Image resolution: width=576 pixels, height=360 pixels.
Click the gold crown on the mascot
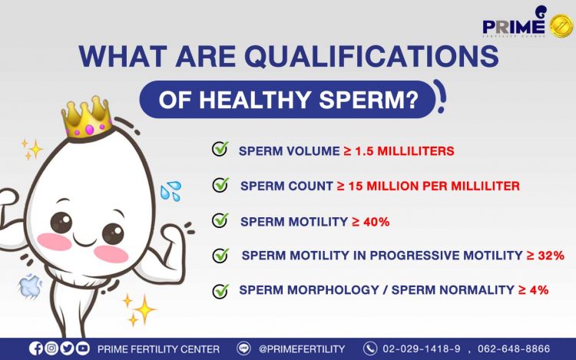pos(88,117)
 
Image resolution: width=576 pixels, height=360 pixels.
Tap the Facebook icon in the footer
pos(36,348)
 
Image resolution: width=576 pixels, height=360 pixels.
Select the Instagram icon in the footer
pos(51,348)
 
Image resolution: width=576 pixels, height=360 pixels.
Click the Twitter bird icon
pos(67,348)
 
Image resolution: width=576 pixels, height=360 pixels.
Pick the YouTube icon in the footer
pos(83,348)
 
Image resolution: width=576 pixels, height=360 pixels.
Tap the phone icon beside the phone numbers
pos(370,348)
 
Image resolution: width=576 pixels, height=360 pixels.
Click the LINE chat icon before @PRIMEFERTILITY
pos(243,348)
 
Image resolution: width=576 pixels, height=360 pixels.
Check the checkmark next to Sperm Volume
pos(220,149)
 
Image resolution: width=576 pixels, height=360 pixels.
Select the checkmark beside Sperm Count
pos(220,185)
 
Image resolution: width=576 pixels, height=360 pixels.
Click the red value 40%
pos(376,222)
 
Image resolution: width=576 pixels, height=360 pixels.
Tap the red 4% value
pos(539,290)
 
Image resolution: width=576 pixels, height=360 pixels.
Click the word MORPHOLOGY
pos(333,290)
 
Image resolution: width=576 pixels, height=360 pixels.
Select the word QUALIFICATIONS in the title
pos(372,57)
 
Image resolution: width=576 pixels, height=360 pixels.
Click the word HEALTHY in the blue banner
pos(255,100)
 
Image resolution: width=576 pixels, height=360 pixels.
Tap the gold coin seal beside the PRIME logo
pos(561,25)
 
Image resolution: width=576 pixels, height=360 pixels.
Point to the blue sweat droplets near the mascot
pos(170,191)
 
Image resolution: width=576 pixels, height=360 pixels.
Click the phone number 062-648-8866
pos(514,348)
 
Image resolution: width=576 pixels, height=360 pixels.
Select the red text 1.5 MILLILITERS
pos(405,151)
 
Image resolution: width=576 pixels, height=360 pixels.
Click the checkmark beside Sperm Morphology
pos(220,291)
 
